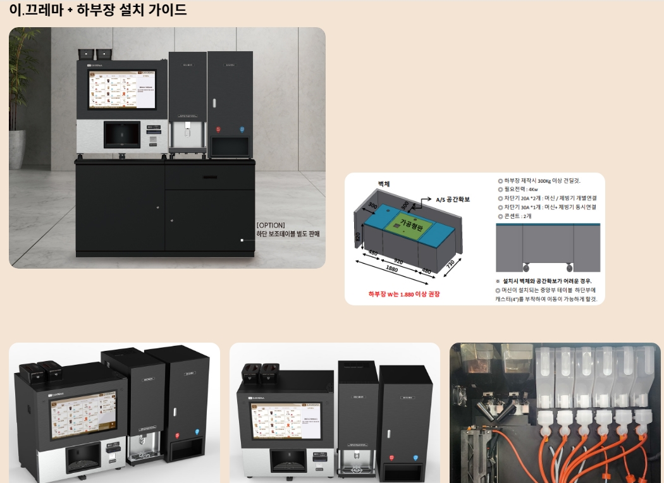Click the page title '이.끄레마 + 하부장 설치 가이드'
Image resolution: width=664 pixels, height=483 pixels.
tap(98, 10)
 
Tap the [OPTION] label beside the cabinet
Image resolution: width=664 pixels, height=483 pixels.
tap(271, 225)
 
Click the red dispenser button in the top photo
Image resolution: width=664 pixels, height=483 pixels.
tap(218, 129)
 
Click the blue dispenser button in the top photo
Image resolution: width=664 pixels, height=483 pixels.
tap(241, 129)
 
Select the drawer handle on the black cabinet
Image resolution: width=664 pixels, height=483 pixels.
tap(209, 177)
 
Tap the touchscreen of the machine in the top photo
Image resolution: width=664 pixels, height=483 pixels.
tap(122, 89)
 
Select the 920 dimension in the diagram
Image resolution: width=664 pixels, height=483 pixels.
tap(397, 260)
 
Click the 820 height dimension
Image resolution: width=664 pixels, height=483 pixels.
tap(357, 238)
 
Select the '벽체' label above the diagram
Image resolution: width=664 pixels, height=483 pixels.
tap(384, 183)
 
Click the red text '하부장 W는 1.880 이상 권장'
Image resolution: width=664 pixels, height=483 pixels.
tap(403, 294)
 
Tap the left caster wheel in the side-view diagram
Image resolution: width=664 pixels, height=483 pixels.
tap(526, 266)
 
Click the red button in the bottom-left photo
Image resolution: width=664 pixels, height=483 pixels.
tap(176, 434)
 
